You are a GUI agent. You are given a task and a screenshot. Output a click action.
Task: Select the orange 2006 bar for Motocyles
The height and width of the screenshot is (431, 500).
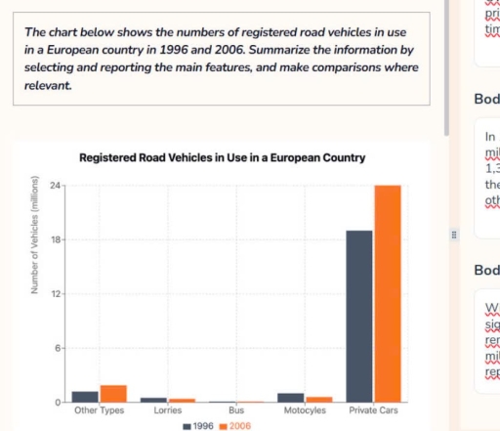tap(318, 399)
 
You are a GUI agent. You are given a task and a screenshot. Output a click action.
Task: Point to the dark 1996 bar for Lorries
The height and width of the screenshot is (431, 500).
tap(153, 400)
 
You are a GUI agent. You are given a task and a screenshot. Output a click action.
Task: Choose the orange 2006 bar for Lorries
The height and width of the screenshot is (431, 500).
tap(182, 400)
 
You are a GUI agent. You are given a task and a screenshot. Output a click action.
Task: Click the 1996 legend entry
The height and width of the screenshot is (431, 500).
tap(198, 426)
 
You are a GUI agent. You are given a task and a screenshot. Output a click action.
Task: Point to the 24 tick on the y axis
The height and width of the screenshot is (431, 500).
tap(55, 186)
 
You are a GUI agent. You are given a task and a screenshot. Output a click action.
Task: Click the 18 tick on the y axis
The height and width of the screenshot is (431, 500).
tap(55, 239)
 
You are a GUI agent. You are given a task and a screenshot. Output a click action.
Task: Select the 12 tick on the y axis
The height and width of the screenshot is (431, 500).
tap(55, 294)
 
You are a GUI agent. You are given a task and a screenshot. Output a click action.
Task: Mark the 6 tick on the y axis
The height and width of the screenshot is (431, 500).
tap(57, 348)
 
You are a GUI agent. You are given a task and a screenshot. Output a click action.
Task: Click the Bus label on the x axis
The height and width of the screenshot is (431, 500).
tap(236, 410)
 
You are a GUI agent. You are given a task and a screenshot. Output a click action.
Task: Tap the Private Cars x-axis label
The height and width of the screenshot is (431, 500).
tap(373, 410)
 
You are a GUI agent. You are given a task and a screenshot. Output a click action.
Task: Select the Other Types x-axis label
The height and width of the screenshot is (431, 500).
tap(100, 410)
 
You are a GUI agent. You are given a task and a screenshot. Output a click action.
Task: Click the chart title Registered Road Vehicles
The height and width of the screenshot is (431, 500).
tap(223, 157)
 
